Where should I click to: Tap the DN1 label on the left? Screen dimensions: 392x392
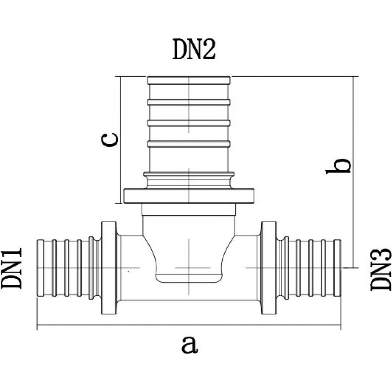click(x=12, y=268)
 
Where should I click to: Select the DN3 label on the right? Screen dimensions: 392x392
click(x=380, y=270)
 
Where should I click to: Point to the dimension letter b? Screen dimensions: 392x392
click(x=338, y=166)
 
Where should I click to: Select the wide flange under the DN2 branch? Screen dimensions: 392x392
click(x=189, y=196)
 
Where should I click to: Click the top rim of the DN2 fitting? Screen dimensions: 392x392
click(x=189, y=80)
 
